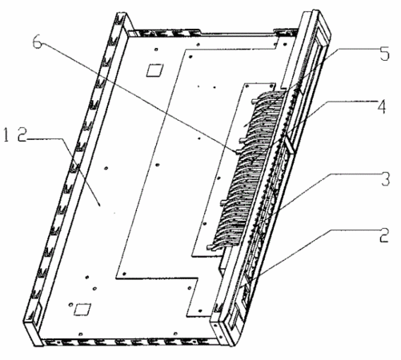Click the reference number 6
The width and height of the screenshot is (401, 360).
38,42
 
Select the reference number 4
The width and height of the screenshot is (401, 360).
382,106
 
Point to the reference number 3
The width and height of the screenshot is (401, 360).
386,179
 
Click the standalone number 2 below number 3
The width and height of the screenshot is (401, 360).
384,234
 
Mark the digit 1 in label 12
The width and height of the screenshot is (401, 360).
6,135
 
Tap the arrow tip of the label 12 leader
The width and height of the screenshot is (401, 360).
100,206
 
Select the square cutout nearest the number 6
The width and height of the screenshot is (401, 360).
154,70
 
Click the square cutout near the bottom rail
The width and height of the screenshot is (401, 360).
82,310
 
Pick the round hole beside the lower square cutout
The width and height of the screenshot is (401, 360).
70,305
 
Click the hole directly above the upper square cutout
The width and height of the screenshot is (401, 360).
156,49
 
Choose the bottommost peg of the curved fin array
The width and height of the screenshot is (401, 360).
210,247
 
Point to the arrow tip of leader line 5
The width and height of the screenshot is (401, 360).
244,126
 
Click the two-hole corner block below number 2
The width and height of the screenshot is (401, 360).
219,330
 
